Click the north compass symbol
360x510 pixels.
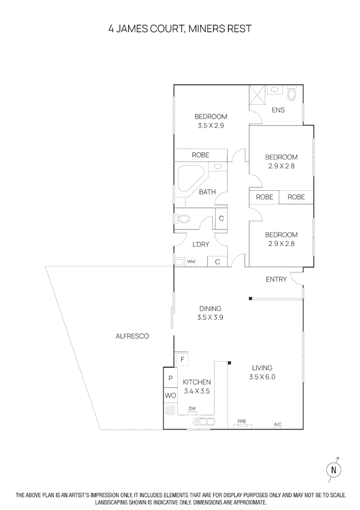(334, 469)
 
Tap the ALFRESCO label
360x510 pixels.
(132, 336)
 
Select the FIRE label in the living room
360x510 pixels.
(242, 421)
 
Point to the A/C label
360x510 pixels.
(278, 425)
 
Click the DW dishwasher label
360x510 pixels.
(192, 409)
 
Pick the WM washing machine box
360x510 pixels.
(191, 261)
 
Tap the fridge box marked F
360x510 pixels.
(182, 359)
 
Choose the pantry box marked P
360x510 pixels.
(170, 378)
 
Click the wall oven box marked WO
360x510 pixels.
(170, 395)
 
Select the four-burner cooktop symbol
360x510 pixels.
(170, 410)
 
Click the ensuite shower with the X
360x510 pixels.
(257, 94)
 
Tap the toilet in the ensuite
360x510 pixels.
(292, 94)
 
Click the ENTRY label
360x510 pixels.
(276, 279)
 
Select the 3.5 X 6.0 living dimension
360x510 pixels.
(262, 377)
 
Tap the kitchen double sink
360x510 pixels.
(202, 421)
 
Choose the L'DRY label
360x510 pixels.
(201, 245)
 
